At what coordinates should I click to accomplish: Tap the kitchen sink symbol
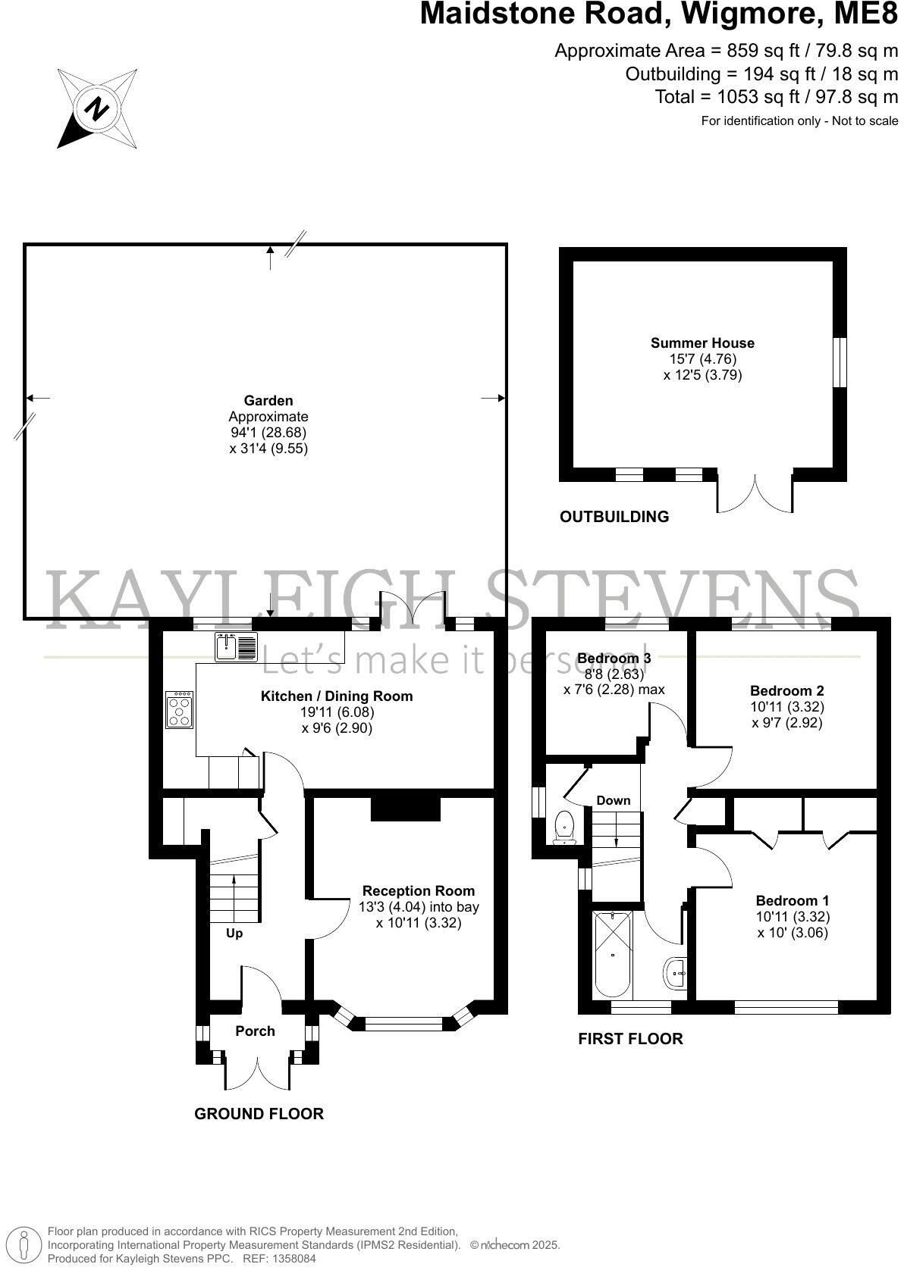[x=236, y=646]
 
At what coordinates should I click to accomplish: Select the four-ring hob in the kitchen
[x=180, y=710]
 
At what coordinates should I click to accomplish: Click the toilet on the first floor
[x=564, y=826]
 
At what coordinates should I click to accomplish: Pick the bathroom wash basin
[x=676, y=972]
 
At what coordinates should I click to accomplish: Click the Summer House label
[x=702, y=343]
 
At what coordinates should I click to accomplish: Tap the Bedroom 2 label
[x=786, y=690]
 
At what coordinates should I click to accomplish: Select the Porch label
[x=255, y=1031]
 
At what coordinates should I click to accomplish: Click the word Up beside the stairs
[x=234, y=933]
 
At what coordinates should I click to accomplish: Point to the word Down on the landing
[x=613, y=800]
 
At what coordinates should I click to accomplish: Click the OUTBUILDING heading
[x=614, y=517]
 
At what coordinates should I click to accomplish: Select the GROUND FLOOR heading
[x=259, y=1113]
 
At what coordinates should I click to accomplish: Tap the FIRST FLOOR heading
[x=630, y=1039]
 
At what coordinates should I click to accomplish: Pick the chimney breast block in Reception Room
[x=405, y=808]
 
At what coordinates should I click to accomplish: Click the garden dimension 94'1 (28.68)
[x=268, y=432]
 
